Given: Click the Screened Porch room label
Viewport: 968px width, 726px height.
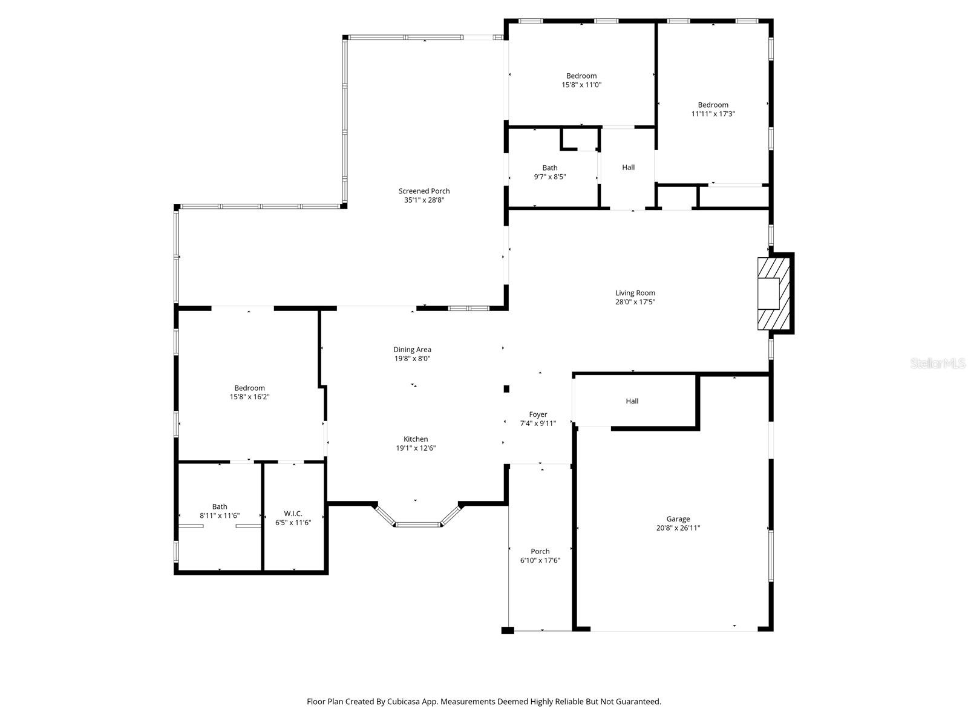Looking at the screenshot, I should (x=424, y=191).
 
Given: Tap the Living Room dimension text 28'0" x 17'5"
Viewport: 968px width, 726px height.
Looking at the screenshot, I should (x=635, y=302).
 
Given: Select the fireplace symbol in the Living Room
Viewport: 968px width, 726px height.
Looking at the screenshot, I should (x=775, y=293).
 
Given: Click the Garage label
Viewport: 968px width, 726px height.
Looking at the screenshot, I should (x=678, y=519).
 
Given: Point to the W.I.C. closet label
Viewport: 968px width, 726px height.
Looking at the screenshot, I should (x=293, y=514).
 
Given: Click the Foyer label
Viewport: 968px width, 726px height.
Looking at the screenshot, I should (x=538, y=414).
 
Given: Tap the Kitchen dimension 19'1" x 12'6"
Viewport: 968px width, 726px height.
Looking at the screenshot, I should (x=416, y=448).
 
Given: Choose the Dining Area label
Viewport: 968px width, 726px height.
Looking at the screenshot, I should (x=412, y=350).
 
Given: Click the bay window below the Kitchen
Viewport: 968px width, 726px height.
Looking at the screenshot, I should (x=417, y=524).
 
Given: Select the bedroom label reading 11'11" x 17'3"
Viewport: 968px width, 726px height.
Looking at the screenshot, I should (x=713, y=114).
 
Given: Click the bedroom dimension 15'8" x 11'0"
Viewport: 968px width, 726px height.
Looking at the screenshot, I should (x=581, y=85).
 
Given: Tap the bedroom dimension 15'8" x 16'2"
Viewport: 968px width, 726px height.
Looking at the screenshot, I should (x=249, y=397).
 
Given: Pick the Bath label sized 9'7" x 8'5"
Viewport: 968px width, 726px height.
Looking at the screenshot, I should (x=550, y=168).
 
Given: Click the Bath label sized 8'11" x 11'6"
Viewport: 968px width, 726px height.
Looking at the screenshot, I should (x=220, y=507).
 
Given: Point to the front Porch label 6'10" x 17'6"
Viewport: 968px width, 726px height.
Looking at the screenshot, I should (x=540, y=552).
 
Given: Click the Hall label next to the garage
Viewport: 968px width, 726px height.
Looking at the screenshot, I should (x=632, y=401).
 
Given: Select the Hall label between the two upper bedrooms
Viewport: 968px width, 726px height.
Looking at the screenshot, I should (x=629, y=168).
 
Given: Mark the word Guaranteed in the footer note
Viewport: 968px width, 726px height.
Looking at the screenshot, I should (x=639, y=702).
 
